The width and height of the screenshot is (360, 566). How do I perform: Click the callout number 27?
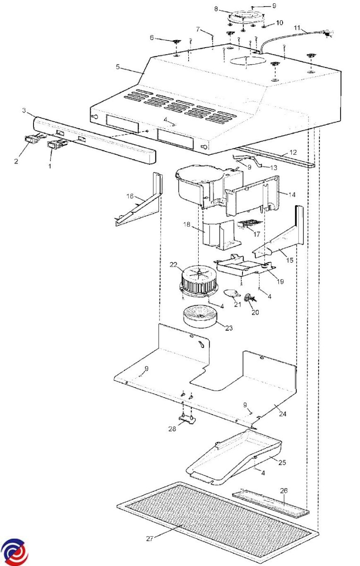tap(150, 538)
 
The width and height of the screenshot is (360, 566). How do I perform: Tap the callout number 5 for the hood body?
tap(117, 67)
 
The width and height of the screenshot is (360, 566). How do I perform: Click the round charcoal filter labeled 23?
tap(201, 316)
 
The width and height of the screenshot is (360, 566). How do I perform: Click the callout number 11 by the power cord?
tap(297, 27)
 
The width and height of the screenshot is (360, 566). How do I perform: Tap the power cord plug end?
tap(327, 33)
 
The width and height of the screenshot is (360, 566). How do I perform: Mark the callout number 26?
tap(284, 491)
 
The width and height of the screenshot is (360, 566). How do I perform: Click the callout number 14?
tap(292, 195)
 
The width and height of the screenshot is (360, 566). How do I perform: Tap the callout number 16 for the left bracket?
tap(130, 196)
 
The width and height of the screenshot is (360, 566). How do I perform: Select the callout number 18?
tap(186, 224)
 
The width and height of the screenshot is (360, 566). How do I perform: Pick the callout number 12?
tap(293, 152)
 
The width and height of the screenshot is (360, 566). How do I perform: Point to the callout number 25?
tap(282, 462)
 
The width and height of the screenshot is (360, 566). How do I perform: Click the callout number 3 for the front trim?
tap(24, 110)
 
